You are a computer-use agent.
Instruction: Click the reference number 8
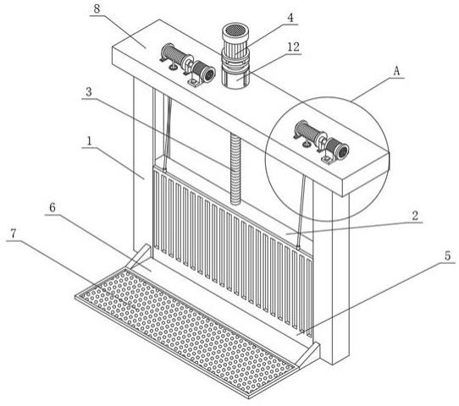tap(97, 8)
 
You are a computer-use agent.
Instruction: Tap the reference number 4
tap(290, 18)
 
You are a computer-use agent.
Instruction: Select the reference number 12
tap(294, 47)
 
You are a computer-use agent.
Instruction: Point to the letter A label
tap(396, 71)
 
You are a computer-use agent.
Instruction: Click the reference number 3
tap(89, 92)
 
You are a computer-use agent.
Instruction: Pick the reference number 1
tap(89, 141)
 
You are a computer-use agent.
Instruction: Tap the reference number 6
tap(53, 207)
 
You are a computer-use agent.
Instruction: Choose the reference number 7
tap(14, 233)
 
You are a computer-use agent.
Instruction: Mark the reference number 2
tap(415, 216)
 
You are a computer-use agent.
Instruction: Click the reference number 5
tap(448, 255)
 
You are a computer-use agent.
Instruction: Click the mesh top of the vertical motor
tap(235, 30)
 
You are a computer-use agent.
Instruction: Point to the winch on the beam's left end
tap(187, 64)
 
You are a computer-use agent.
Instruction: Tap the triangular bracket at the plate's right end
tap(309, 354)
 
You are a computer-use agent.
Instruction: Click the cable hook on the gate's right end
tap(298, 247)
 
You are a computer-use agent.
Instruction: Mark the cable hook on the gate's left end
tap(165, 169)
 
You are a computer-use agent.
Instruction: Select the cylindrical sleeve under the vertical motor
tap(235, 79)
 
